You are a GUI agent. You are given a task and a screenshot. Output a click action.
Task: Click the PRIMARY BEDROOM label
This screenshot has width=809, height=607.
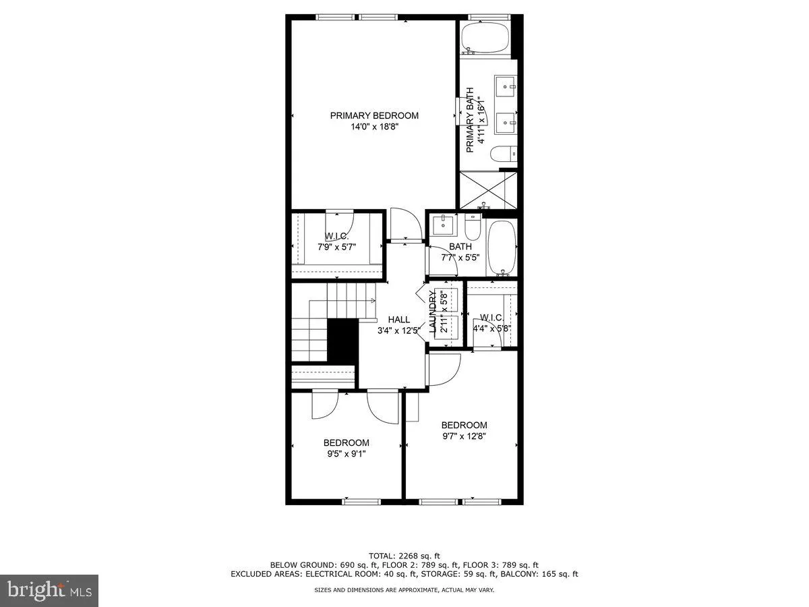click(x=374, y=115)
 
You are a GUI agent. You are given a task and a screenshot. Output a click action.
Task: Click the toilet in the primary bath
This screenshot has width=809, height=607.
click(x=502, y=155)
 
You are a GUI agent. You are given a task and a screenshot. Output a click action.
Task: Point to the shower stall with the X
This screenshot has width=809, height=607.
click(x=487, y=189)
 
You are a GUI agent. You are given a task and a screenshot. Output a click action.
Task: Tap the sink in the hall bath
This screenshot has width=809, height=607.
click(x=444, y=223)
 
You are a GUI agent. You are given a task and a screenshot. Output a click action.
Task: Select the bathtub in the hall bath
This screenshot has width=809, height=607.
click(x=502, y=248)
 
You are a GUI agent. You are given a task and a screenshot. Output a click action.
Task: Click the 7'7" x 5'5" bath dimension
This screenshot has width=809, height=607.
click(x=460, y=257)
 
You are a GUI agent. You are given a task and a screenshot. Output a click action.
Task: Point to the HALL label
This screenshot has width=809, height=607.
click(x=398, y=320)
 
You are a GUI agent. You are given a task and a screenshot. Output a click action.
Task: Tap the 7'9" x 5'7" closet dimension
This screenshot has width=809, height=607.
click(x=336, y=247)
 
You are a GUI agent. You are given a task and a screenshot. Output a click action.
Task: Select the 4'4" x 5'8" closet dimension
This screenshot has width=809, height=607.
click(x=491, y=329)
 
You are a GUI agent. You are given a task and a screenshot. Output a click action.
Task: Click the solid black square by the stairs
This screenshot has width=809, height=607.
click(x=342, y=341)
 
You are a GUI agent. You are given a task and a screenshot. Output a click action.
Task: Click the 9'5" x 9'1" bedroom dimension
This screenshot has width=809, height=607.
click(x=347, y=454)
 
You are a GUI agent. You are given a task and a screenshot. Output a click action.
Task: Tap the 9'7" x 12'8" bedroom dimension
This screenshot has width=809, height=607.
click(x=464, y=436)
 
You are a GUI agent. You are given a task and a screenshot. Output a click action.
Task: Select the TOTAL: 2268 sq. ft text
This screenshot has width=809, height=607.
click(x=404, y=555)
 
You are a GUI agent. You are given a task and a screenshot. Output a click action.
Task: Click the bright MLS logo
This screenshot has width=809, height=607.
click(x=49, y=591)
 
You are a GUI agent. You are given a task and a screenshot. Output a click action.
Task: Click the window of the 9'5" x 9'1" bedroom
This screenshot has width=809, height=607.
click(x=361, y=501)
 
